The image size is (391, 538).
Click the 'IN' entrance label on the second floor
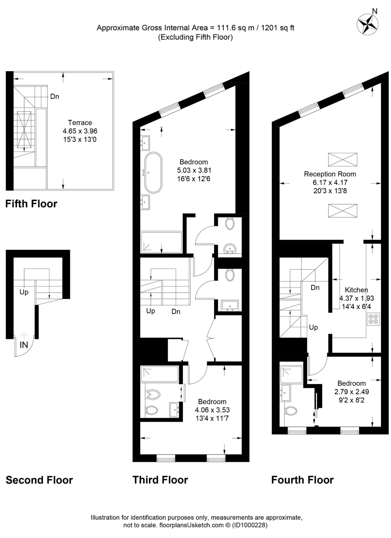pyautogui.click(x=24, y=345)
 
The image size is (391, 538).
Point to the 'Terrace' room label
pyautogui.click(x=80, y=123)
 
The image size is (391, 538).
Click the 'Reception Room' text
pyautogui.click(x=330, y=174)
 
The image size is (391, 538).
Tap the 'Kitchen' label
pyautogui.click(x=356, y=290)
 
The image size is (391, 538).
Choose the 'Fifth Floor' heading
pyautogui.click(x=31, y=204)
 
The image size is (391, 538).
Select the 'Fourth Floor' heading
pyautogui.click(x=302, y=480)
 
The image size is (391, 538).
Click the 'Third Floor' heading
pyautogui.click(x=160, y=480)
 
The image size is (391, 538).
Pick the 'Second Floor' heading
pyautogui.click(x=39, y=480)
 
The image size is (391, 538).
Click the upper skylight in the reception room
pyautogui.click(x=343, y=159)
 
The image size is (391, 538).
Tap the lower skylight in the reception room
pyautogui.click(x=343, y=211)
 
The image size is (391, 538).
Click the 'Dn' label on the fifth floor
pyautogui.click(x=55, y=96)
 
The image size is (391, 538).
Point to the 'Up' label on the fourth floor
pyautogui.click(x=313, y=327)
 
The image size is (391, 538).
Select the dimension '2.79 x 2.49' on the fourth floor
pyautogui.click(x=352, y=392)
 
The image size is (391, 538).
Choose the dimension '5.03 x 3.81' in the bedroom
pyautogui.click(x=194, y=170)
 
